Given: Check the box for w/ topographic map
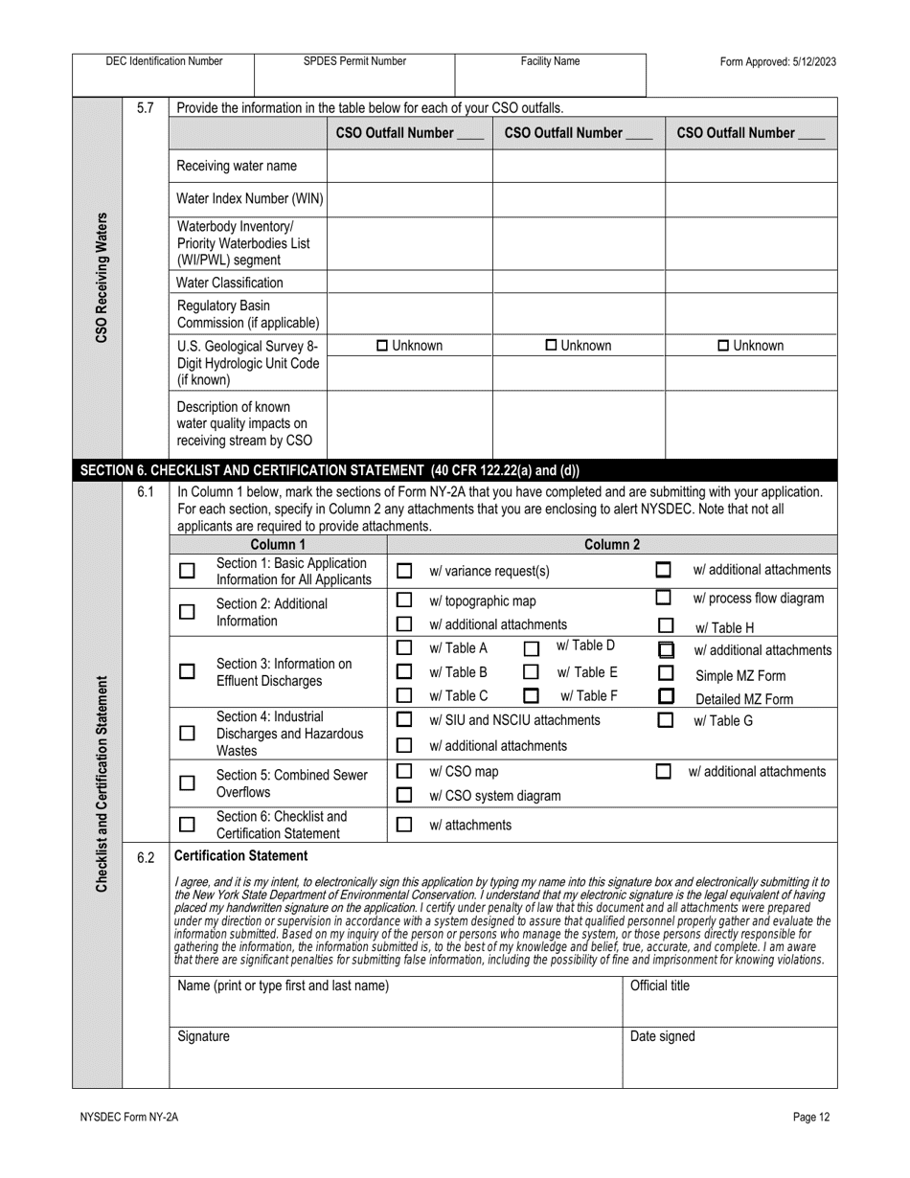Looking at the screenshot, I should click(404, 600).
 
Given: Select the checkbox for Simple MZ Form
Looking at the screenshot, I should click(666, 674).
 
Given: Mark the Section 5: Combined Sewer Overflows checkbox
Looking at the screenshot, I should click(188, 783).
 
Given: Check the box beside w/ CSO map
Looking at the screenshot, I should click(404, 771).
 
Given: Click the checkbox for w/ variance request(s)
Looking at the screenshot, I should click(404, 571).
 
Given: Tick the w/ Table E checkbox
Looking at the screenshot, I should click(531, 672).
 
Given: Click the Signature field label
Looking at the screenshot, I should click(204, 1036).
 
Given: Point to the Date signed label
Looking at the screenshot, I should click(662, 1036).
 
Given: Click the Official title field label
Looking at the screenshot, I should click(659, 985).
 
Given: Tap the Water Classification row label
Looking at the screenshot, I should click(230, 283).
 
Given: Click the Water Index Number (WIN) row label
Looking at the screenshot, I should click(250, 199).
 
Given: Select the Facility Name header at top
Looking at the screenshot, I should click(550, 61).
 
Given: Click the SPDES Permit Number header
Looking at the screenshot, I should click(354, 61).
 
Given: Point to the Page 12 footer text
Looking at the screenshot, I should click(811, 1116).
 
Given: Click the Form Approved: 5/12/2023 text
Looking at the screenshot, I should click(778, 61).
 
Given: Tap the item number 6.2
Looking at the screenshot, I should click(145, 857).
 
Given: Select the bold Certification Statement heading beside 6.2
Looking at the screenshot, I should click(242, 855).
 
